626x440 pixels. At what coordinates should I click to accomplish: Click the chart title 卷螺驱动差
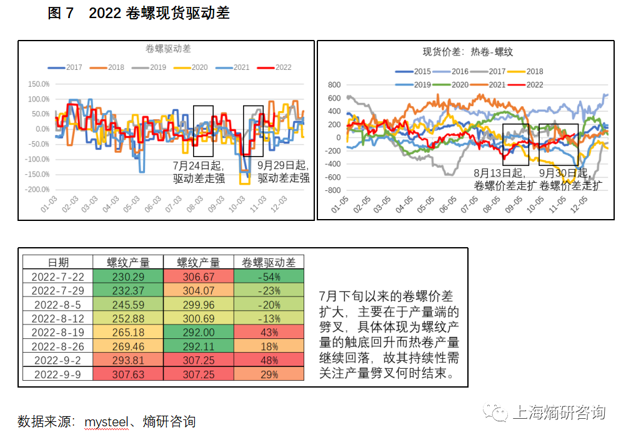coord(168,49)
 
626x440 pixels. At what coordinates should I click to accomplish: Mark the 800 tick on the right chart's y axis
coord(334,85)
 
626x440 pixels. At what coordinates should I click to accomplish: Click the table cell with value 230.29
coord(128,276)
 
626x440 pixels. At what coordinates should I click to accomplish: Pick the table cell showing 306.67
coord(198,276)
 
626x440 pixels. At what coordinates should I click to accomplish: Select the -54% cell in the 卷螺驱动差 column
coord(269,276)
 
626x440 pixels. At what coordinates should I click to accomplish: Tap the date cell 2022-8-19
coord(58,332)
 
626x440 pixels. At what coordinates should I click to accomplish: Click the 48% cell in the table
coord(269,360)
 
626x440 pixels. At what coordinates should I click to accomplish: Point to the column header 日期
coord(58,263)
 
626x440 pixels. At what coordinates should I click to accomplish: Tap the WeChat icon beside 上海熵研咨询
coord(500,413)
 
